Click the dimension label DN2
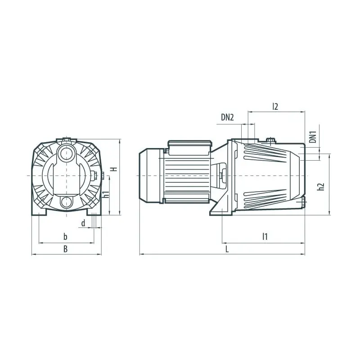pos(227,117)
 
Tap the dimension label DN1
pos(313,137)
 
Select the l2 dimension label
pos(275,107)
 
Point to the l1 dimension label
pos(265,237)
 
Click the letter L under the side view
pos(227,249)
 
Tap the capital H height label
pos(114,169)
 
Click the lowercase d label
pos(83,223)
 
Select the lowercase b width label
pos(65,237)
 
